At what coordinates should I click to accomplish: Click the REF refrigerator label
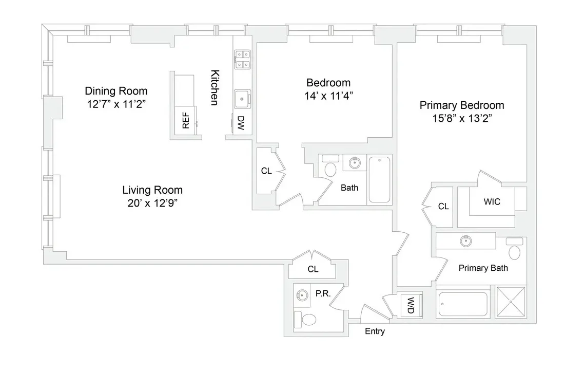pos(186,121)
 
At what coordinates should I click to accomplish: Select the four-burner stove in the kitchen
pos(242,59)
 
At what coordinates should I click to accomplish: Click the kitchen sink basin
pos(242,98)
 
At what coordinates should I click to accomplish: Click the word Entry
pos(375,331)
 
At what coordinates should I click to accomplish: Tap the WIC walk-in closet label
pos(492,202)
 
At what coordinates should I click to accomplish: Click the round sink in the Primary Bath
pos(466,240)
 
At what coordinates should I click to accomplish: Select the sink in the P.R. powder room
pos(302,295)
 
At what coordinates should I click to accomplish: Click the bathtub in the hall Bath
pos(379,179)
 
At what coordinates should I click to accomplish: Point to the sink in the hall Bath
pos(354,163)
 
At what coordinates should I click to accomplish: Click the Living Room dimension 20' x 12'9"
pos(153,202)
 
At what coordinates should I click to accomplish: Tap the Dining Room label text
pos(116,91)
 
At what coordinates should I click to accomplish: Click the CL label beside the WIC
pos(443,207)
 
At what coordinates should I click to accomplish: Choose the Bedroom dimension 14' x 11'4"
pos(328,95)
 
